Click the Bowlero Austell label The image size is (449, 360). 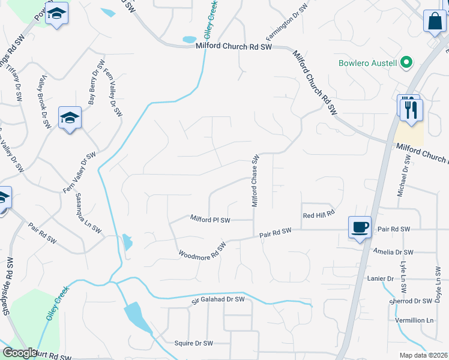tap(367, 63)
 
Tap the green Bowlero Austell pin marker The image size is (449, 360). tap(406, 62)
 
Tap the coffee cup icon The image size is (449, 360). tap(360, 227)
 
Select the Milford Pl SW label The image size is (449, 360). tap(210, 220)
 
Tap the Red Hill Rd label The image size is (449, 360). tap(318, 215)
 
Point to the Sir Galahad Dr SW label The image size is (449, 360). tap(218, 299)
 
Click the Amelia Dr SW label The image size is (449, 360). tap(393, 252)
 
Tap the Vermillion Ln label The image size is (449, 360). tap(415, 320)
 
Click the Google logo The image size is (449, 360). tap(20, 353)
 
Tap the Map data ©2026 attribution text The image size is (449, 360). tap(423, 355)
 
